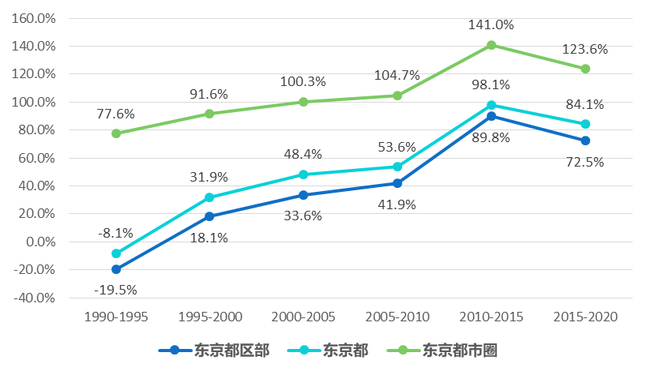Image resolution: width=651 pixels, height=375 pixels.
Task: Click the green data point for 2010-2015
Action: tap(491, 45)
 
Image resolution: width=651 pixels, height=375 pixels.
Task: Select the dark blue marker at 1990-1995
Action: tap(116, 269)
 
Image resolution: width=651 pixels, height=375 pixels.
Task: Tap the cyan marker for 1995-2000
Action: tap(209, 197)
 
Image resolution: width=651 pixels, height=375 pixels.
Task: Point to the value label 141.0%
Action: tap(491, 24)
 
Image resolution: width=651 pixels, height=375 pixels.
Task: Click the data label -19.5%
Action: tap(115, 290)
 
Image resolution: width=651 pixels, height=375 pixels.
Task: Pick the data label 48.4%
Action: tap(303, 154)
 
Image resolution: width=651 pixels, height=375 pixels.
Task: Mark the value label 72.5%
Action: tap(585, 162)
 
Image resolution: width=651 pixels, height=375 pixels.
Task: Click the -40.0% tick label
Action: tap(34, 298)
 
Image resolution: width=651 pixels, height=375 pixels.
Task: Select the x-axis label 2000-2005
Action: tap(303, 317)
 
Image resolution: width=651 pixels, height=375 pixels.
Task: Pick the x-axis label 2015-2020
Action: tap(585, 317)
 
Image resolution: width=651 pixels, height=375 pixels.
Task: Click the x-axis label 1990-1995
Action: tap(116, 317)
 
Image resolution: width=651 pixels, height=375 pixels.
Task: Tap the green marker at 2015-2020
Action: tap(585, 69)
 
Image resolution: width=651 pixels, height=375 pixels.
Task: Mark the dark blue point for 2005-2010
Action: tap(397, 183)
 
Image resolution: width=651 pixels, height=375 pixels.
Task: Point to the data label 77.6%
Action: tap(116, 113)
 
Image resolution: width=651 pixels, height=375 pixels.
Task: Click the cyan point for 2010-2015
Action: tap(491, 105)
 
